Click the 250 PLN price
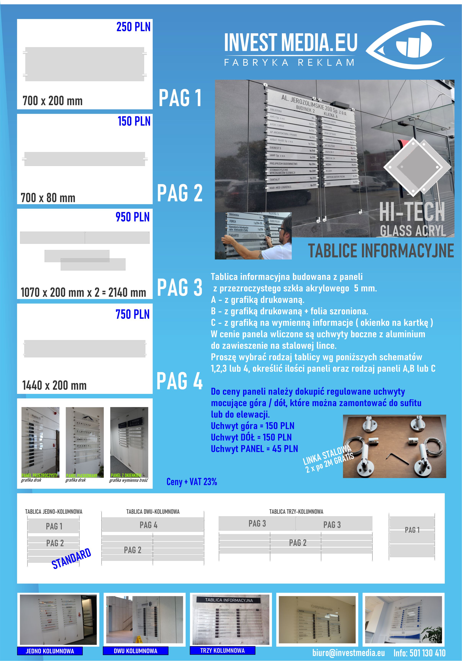tap(133, 27)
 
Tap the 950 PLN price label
tap(133, 217)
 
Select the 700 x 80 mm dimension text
tap(48, 198)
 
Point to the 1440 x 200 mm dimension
tap(55, 385)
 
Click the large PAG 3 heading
tap(180, 287)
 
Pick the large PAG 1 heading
tap(180, 98)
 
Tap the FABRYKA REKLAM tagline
tap(289, 63)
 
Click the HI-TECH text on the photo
tap(412, 212)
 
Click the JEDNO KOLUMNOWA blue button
tap(50, 651)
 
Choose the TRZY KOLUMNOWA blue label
tap(222, 650)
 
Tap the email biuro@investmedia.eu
tap(349, 653)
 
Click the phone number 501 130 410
tap(427, 653)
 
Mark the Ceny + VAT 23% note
tap(192, 482)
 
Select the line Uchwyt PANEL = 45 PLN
tap(254, 449)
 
